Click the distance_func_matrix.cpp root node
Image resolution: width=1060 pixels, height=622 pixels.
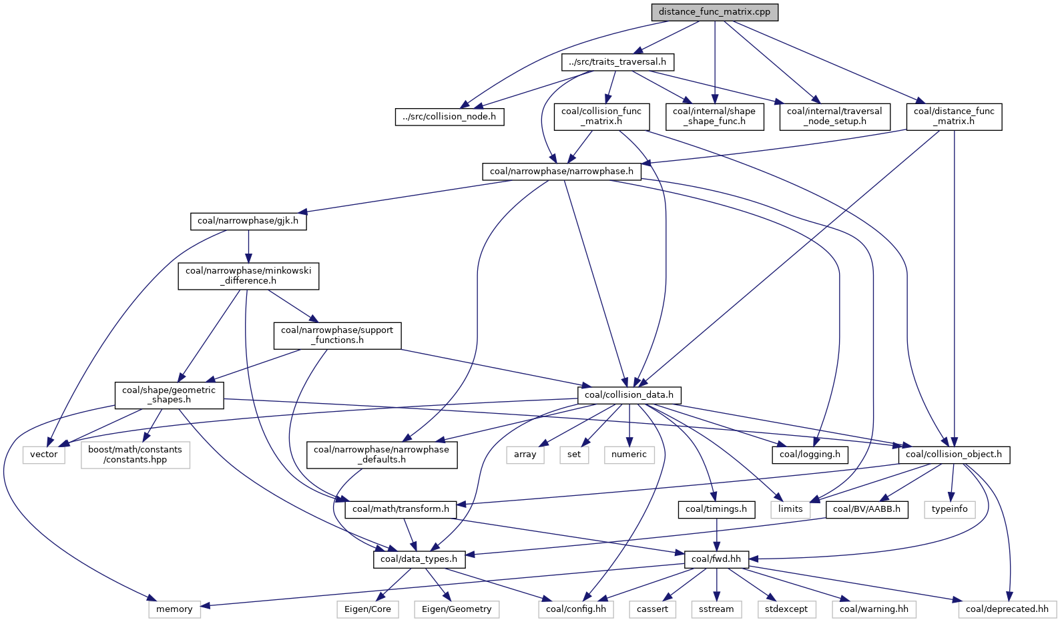click(x=714, y=12)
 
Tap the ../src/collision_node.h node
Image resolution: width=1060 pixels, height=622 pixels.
click(x=449, y=116)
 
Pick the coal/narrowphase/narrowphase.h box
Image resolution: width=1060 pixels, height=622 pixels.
click(x=561, y=172)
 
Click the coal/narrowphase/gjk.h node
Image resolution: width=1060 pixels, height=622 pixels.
click(x=248, y=221)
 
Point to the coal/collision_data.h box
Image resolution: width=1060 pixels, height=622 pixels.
click(x=629, y=395)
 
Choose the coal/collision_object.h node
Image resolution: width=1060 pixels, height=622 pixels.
click(x=954, y=454)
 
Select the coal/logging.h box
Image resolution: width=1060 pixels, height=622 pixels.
click(x=810, y=454)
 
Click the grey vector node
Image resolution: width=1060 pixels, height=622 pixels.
click(x=44, y=454)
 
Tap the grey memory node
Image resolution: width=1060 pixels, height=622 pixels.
click(x=174, y=609)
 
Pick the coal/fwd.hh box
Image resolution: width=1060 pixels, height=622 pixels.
click(x=716, y=559)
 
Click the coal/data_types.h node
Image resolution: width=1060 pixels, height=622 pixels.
click(x=419, y=559)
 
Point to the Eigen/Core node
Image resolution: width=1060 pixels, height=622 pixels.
click(x=368, y=609)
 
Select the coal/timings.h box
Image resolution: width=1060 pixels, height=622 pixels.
click(x=716, y=509)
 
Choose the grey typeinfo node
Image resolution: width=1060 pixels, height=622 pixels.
click(x=950, y=509)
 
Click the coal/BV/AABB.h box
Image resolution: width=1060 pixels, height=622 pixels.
click(x=866, y=509)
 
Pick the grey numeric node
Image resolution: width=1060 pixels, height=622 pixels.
click(x=629, y=454)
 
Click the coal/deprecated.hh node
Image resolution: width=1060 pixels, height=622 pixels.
click(x=1007, y=609)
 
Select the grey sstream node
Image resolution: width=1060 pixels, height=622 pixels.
click(x=716, y=609)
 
